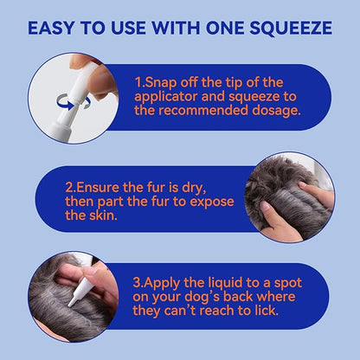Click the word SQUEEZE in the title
291,29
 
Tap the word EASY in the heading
51,28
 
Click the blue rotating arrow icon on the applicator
74,102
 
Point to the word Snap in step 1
161,83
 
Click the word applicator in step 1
165,97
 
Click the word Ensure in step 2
98,188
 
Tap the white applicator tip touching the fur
71,302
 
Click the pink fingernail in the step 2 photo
265,206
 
